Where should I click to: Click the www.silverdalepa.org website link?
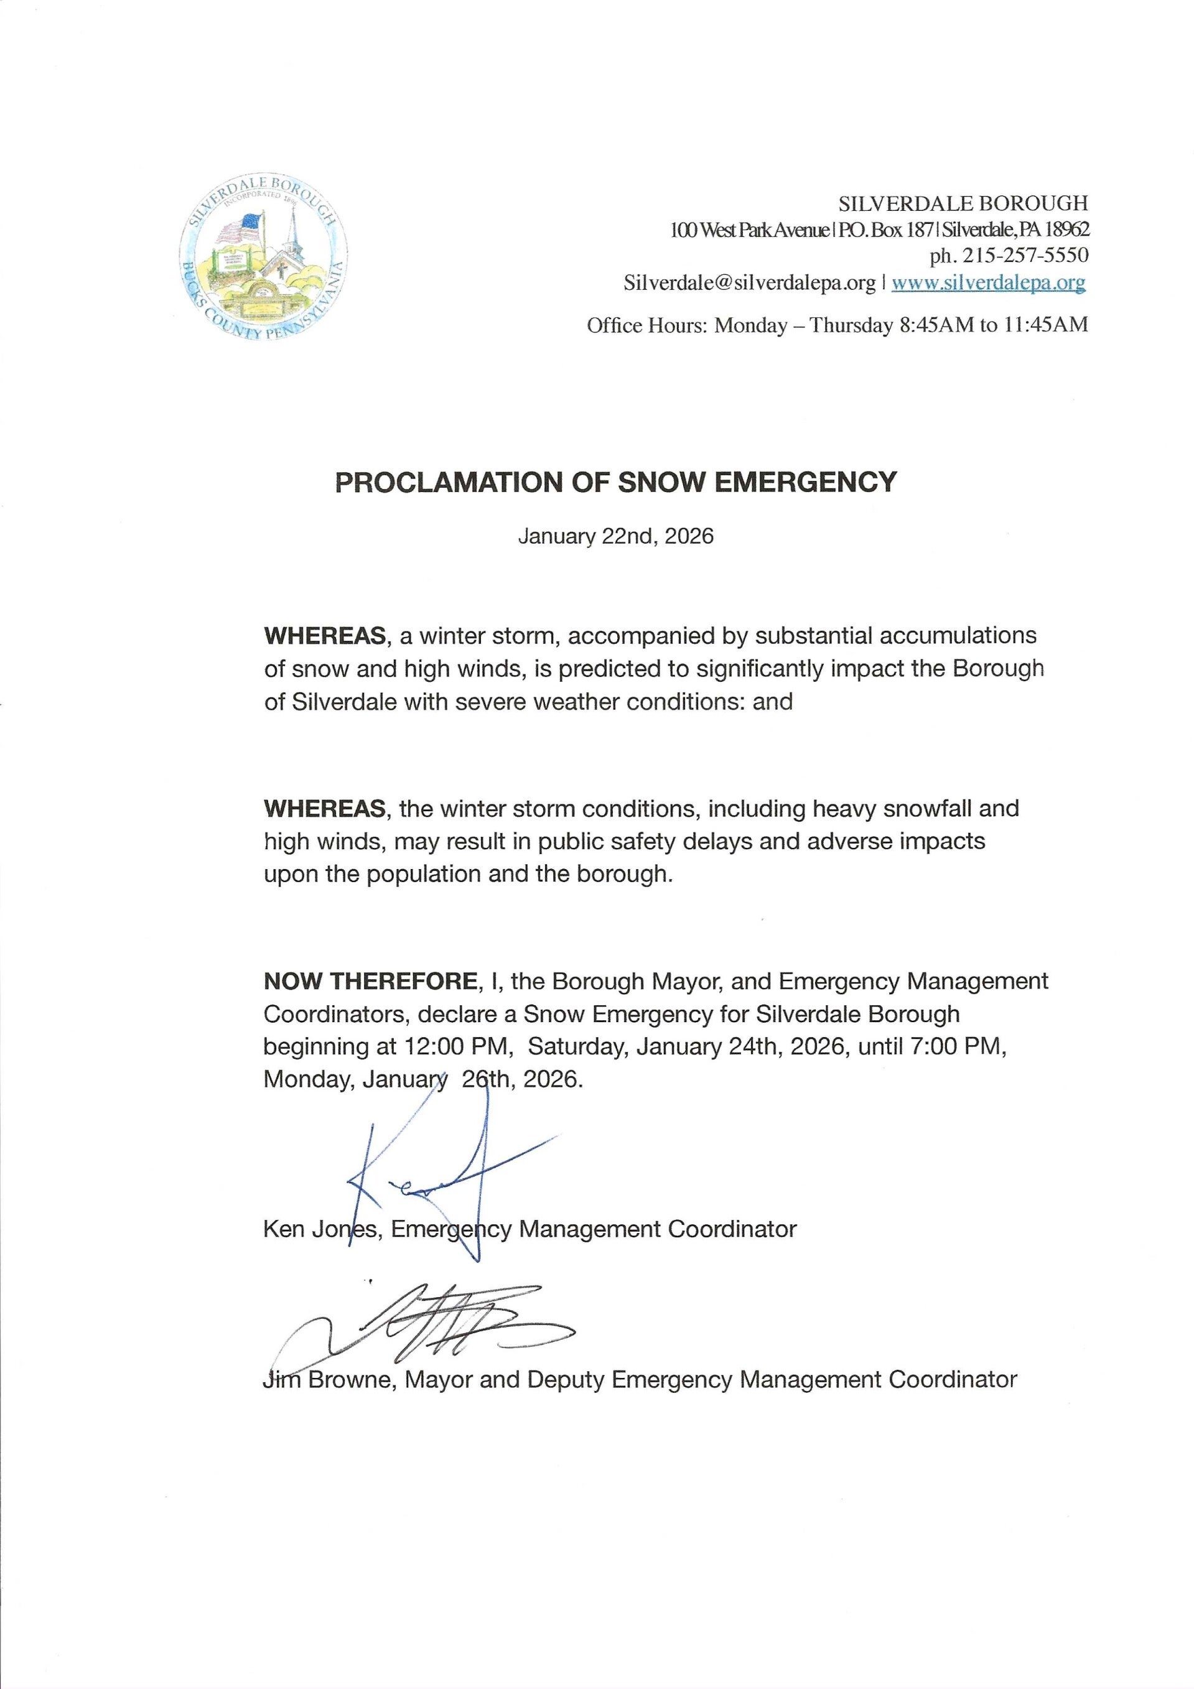(x=988, y=282)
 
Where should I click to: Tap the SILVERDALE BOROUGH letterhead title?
(x=963, y=202)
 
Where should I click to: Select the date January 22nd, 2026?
(x=616, y=536)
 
